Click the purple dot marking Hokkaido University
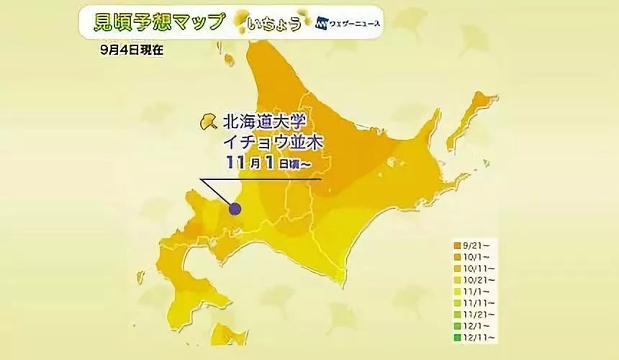(x=235, y=209)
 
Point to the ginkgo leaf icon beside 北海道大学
(x=208, y=120)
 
